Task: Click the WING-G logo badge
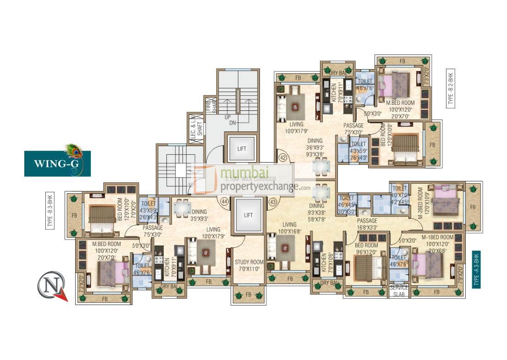(57, 163)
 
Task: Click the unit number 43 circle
(273, 202)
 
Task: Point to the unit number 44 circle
(224, 202)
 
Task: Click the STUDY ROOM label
(249, 265)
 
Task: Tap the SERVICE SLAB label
(399, 291)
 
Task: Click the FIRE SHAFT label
(210, 104)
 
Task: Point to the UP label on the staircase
(227, 117)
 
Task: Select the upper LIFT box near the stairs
(241, 149)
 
